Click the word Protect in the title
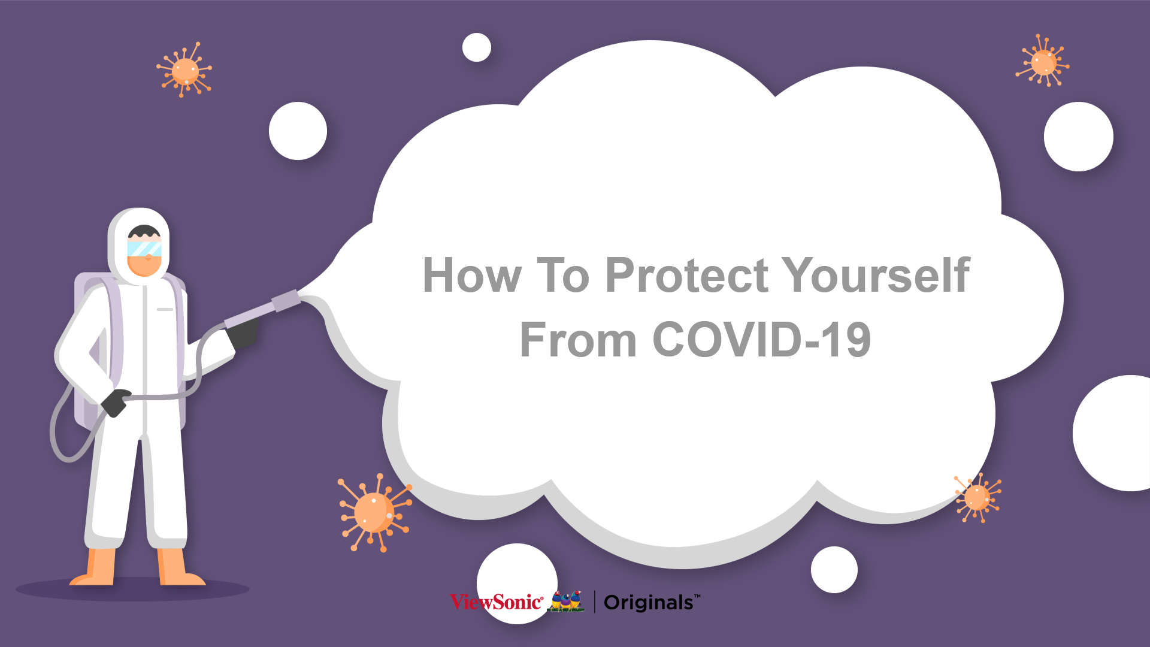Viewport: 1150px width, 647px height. pyautogui.click(x=686, y=276)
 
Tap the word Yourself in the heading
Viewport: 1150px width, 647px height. pyautogui.click(x=876, y=276)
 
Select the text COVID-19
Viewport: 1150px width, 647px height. pyautogui.click(x=761, y=340)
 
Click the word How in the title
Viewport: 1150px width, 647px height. pyautogui.click(x=472, y=276)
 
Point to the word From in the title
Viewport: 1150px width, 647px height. pyautogui.click(x=578, y=340)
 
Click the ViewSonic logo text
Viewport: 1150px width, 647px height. pyautogui.click(x=497, y=601)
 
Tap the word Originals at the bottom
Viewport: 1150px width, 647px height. pyautogui.click(x=649, y=603)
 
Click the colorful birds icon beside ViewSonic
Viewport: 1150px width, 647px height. pyautogui.click(x=566, y=601)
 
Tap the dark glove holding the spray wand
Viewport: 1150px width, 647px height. pyautogui.click(x=244, y=332)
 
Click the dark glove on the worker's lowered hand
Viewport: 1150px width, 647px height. pyautogui.click(x=115, y=402)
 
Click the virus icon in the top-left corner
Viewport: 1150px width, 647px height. pyautogui.click(x=184, y=70)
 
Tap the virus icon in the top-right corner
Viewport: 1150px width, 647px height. pyautogui.click(x=1043, y=61)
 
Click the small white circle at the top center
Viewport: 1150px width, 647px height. pyautogui.click(x=477, y=47)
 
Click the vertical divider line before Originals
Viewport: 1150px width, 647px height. pyautogui.click(x=594, y=601)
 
